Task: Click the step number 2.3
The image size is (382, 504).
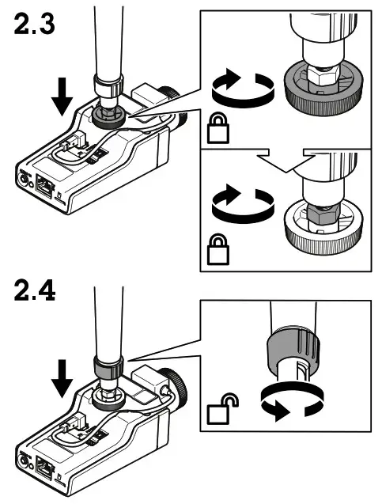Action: (x=34, y=24)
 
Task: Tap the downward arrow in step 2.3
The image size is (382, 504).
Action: (x=62, y=97)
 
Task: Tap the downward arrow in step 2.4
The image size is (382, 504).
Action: (x=62, y=378)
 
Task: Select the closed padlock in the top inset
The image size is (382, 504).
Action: (x=218, y=127)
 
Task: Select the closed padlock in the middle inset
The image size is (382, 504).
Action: (x=218, y=249)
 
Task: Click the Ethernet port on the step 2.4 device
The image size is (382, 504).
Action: (x=44, y=468)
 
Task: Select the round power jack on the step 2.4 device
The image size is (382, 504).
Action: (x=23, y=461)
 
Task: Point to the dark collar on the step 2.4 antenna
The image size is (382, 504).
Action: (x=108, y=366)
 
